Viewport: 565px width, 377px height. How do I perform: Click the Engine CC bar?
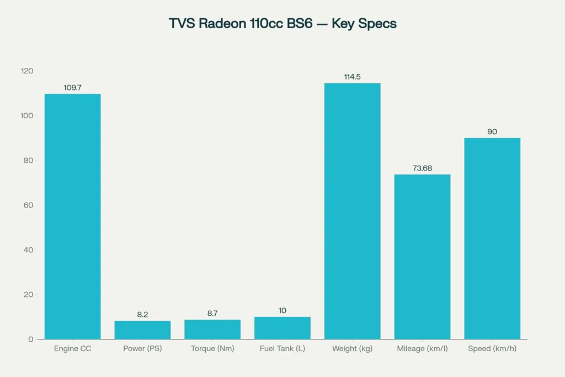tap(72, 216)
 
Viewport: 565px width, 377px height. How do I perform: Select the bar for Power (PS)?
tap(142, 330)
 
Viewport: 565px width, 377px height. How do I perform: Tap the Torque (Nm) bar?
tap(212, 329)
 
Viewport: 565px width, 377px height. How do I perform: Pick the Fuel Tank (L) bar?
tap(282, 328)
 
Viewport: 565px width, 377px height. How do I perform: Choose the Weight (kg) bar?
tap(352, 211)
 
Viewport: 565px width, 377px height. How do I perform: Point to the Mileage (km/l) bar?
tap(422, 257)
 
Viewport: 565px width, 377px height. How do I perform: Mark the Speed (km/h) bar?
tap(492, 238)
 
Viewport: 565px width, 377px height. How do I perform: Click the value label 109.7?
tap(72, 88)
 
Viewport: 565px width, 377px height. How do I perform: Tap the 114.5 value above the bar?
tap(352, 77)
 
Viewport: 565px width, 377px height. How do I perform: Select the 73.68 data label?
tap(422, 168)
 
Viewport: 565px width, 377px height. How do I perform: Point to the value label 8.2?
tap(142, 315)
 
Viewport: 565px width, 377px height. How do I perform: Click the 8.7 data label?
tap(212, 314)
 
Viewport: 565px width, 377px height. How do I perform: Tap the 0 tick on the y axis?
tap(31, 339)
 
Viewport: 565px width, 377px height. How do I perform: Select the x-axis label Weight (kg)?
tap(352, 349)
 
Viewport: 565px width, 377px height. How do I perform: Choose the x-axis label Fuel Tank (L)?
tap(282, 349)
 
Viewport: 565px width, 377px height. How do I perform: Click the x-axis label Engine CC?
tap(72, 349)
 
